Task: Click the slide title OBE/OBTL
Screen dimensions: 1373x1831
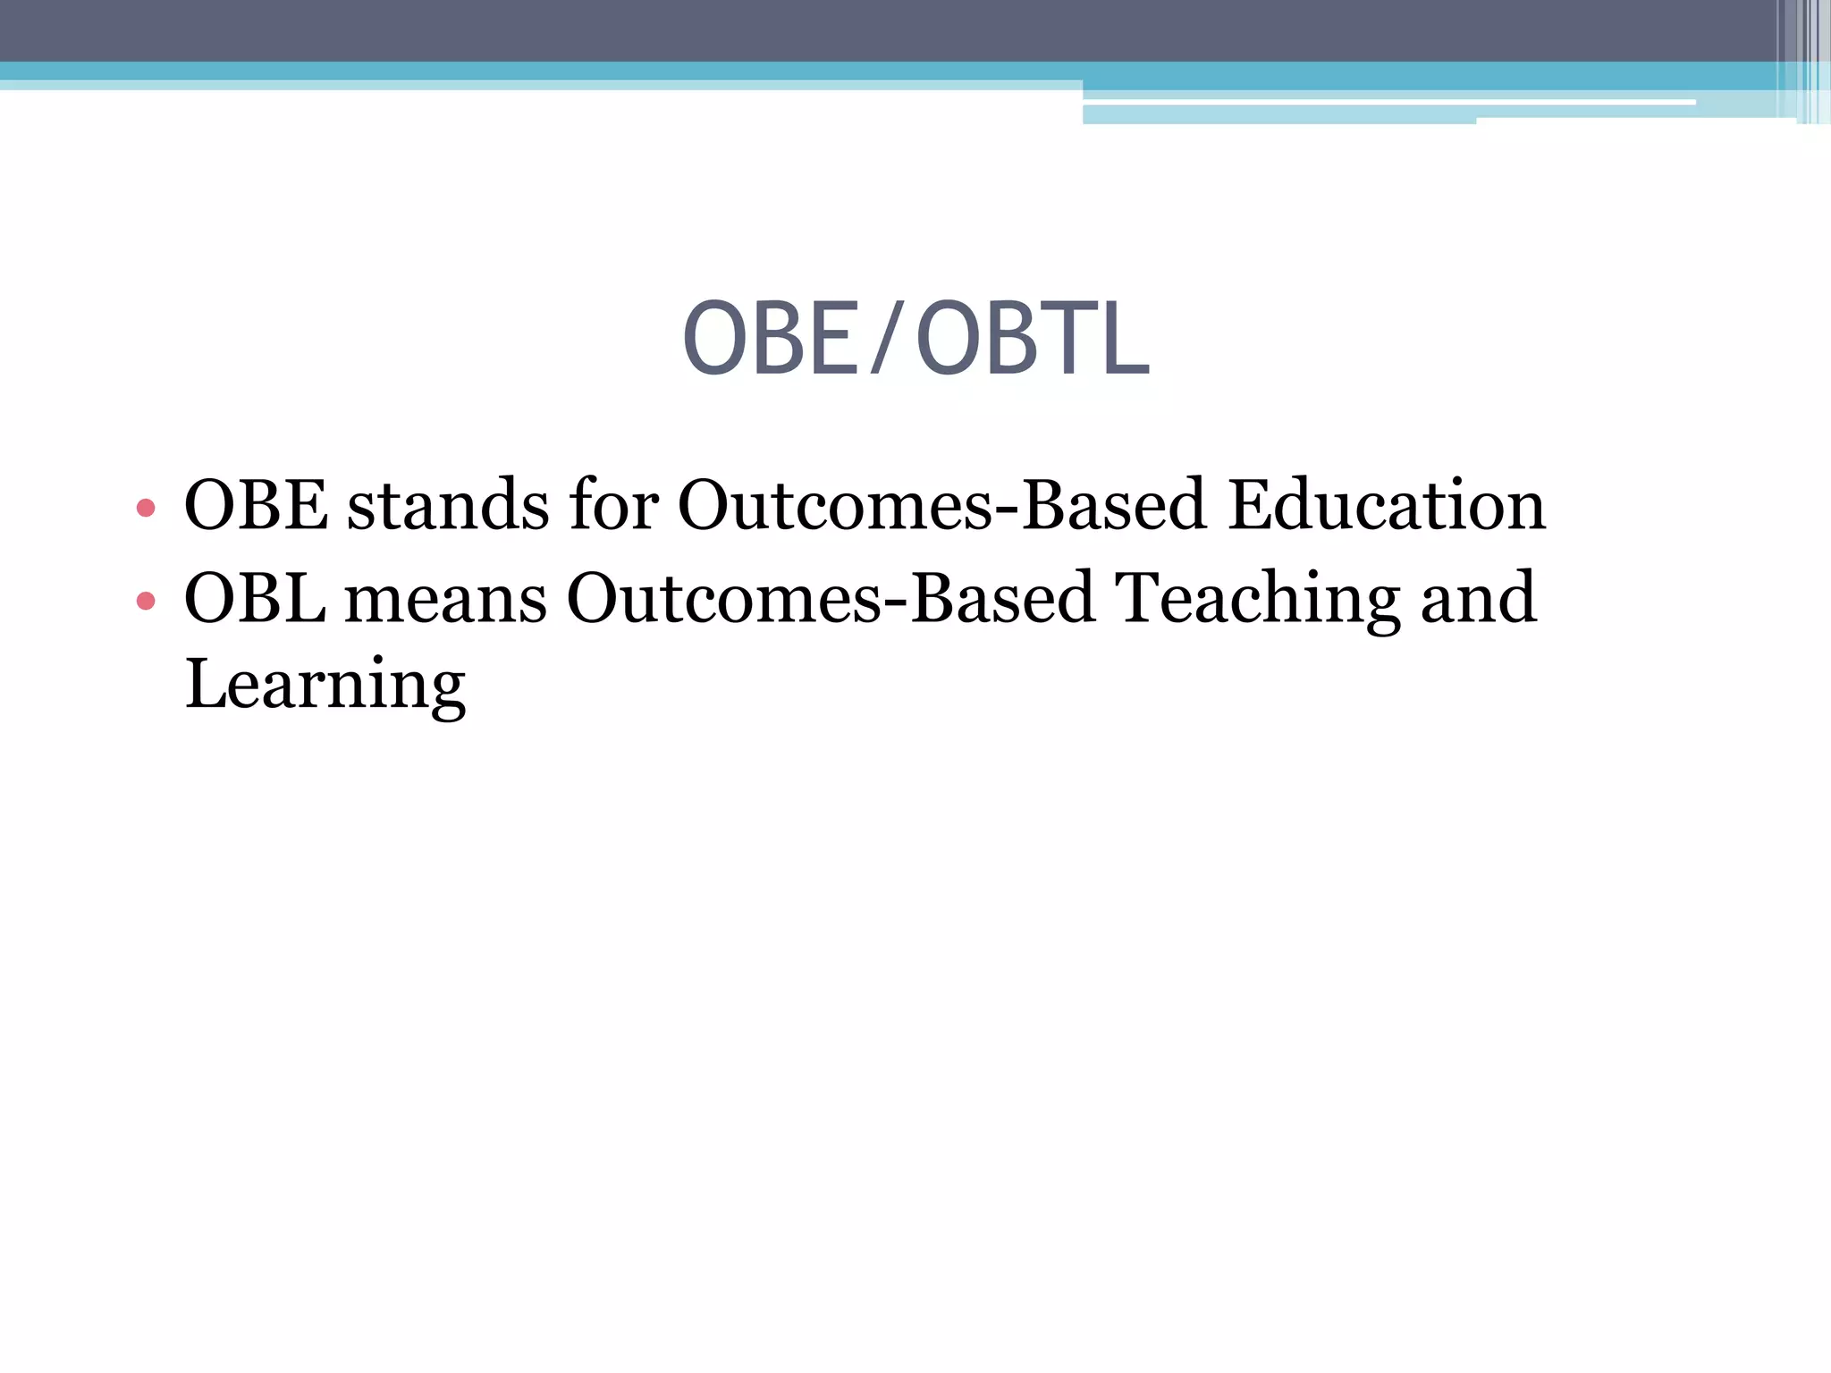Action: pyautogui.click(x=915, y=339)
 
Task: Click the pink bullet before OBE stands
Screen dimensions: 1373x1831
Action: pyautogui.click(x=146, y=510)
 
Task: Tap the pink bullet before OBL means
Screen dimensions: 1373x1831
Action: pyautogui.click(x=146, y=601)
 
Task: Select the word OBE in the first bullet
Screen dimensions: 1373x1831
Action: pyautogui.click(x=256, y=505)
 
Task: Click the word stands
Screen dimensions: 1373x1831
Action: pyautogui.click(x=448, y=505)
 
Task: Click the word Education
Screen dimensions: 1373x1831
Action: pyautogui.click(x=1386, y=505)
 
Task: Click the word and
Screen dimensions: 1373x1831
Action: pyautogui.click(x=1479, y=597)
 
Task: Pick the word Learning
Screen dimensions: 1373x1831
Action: pyautogui.click(x=325, y=685)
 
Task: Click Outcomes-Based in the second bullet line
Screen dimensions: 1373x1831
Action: pyautogui.click(x=831, y=597)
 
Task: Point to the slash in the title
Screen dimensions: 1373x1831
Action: pyautogui.click(x=884, y=339)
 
